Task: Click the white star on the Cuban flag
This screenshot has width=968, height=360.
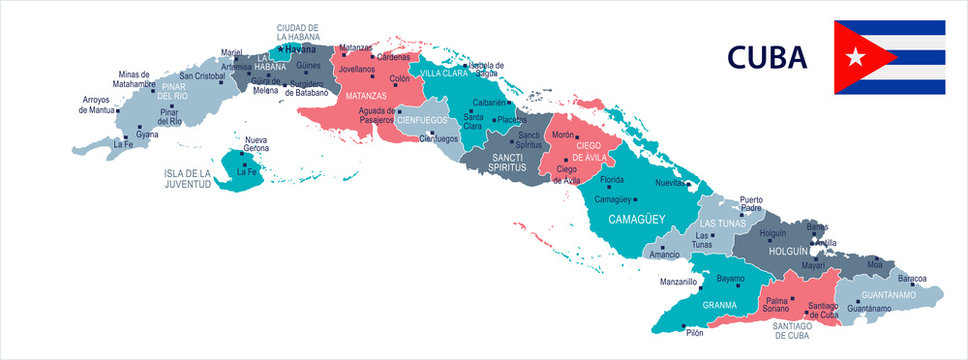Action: (x=854, y=57)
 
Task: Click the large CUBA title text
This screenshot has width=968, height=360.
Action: (x=767, y=58)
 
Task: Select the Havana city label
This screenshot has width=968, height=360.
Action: (x=299, y=47)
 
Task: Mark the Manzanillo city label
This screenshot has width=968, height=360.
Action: (x=678, y=282)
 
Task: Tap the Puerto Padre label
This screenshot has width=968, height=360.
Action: (x=757, y=204)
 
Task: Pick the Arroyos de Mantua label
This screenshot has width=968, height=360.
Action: (x=97, y=104)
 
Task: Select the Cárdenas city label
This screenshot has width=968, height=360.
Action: (x=393, y=57)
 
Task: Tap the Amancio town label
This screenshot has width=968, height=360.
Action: (x=663, y=255)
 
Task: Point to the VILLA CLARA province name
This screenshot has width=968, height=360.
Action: (x=443, y=74)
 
